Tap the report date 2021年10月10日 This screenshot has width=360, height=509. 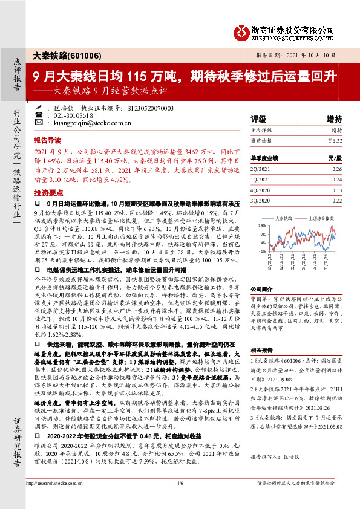pyautogui.click(x=319, y=54)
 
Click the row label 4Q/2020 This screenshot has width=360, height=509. pyautogui.click(x=260, y=189)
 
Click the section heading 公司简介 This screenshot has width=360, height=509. pyautogui.click(x=262, y=289)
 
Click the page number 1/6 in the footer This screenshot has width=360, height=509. pyautogui.click(x=180, y=500)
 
